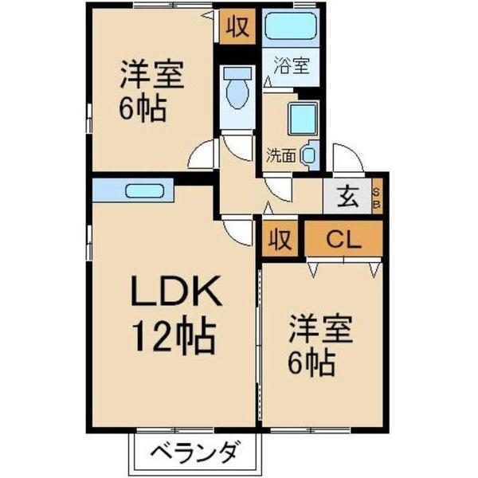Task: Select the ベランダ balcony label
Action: click(194, 456)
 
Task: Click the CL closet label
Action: click(344, 239)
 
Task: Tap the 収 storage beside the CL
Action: click(278, 239)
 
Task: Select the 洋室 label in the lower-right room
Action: click(321, 328)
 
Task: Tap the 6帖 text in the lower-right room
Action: click(311, 363)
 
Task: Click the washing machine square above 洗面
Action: click(303, 119)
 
